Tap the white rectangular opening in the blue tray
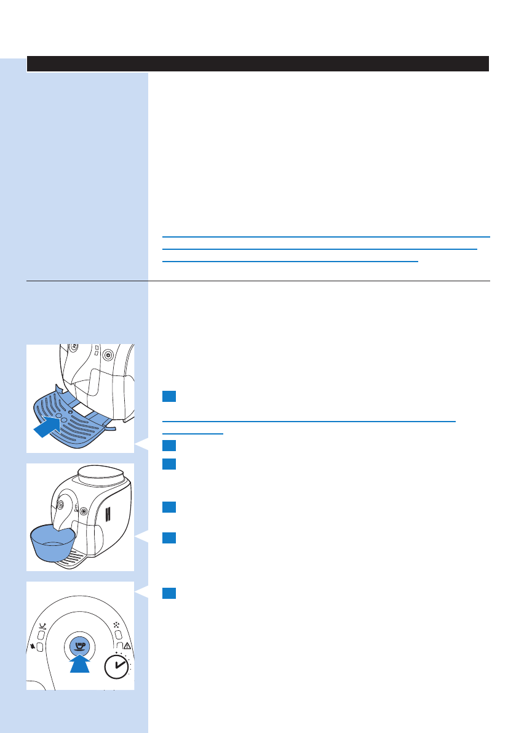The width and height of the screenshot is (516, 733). click(82, 409)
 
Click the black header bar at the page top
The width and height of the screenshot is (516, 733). click(258, 64)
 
